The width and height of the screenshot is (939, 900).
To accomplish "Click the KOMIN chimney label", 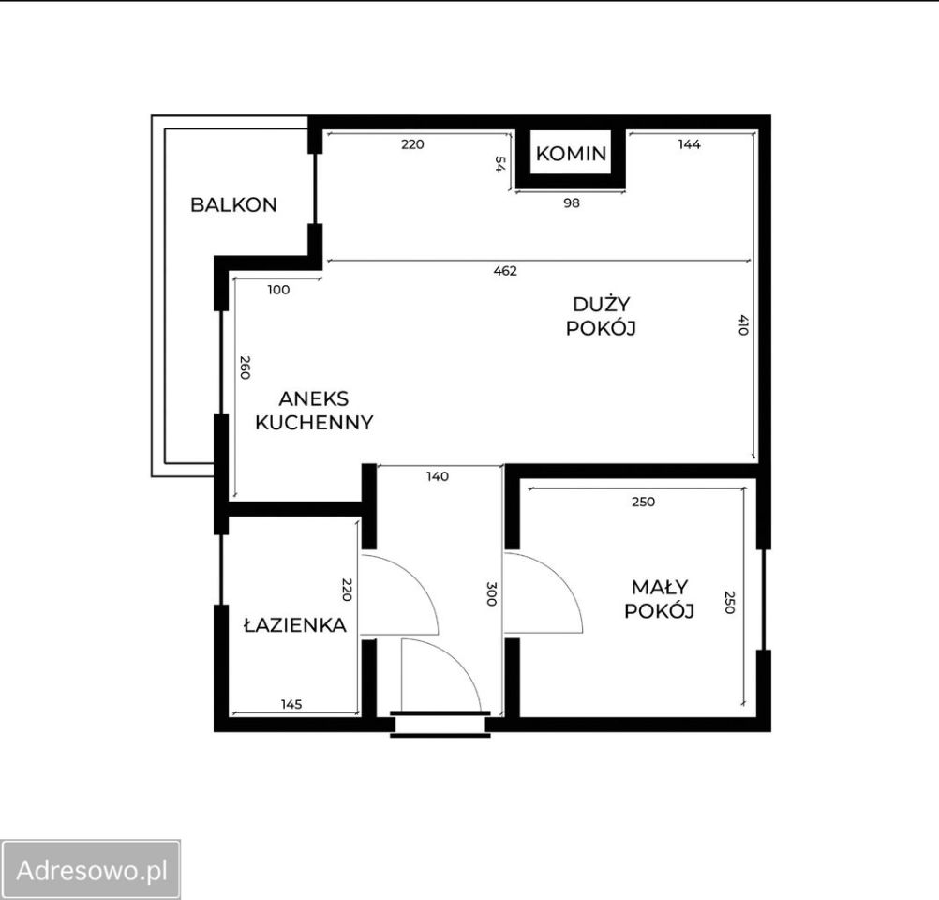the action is pyautogui.click(x=571, y=154).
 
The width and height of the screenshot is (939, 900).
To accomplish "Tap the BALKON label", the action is pyautogui.click(x=233, y=205).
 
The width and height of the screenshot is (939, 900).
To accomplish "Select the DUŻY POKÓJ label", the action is pyautogui.click(x=601, y=316).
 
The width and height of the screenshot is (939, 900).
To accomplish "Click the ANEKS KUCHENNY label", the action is pyautogui.click(x=314, y=411).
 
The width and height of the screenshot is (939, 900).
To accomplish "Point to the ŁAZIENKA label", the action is pyautogui.click(x=295, y=624).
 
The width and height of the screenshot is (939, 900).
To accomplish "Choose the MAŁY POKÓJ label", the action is pyautogui.click(x=660, y=599).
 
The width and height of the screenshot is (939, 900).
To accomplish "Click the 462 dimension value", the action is pyautogui.click(x=505, y=271).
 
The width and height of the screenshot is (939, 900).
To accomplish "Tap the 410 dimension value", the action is pyautogui.click(x=743, y=324).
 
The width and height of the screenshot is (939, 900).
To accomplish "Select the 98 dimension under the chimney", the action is pyautogui.click(x=572, y=203).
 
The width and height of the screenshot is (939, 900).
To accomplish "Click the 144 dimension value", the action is pyautogui.click(x=690, y=143).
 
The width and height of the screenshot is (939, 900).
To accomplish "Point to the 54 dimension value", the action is pyautogui.click(x=499, y=163).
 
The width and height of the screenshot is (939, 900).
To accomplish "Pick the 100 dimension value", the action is pyautogui.click(x=278, y=290).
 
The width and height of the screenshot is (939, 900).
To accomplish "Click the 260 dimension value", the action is pyautogui.click(x=245, y=367).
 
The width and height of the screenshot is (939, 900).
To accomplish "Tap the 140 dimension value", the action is pyautogui.click(x=437, y=476).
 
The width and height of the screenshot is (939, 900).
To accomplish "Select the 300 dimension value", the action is pyautogui.click(x=492, y=593).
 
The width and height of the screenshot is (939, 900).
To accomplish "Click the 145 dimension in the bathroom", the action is pyautogui.click(x=291, y=704).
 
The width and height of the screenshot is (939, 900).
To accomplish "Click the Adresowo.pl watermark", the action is pyautogui.click(x=91, y=869).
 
